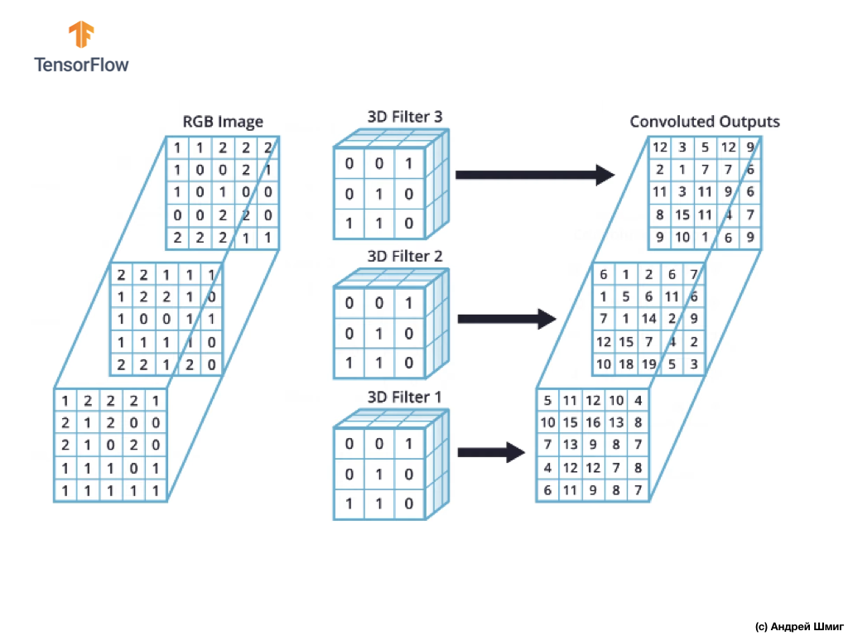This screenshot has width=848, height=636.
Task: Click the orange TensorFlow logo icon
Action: click(81, 34)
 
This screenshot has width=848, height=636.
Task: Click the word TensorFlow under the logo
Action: click(81, 65)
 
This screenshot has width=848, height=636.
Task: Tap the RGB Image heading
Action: click(223, 122)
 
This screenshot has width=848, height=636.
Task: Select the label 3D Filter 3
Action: click(404, 116)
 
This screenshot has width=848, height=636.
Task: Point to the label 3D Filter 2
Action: click(404, 256)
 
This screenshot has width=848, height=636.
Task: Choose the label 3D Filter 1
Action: click(404, 397)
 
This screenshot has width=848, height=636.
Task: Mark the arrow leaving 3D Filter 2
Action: click(507, 319)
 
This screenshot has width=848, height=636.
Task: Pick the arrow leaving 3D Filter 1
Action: click(491, 452)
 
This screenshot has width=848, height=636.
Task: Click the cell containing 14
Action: click(648, 319)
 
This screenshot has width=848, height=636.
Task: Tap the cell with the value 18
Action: click(626, 364)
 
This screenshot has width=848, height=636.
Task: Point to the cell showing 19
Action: click(648, 364)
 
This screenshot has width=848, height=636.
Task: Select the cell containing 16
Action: click(593, 422)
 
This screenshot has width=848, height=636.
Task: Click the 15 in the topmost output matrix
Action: click(682, 214)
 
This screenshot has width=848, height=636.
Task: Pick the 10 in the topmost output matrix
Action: click(682, 237)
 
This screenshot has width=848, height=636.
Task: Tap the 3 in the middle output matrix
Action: click(694, 364)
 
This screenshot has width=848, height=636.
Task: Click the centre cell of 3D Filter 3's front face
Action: click(379, 194)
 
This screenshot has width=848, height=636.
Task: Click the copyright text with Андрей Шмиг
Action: click(799, 627)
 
